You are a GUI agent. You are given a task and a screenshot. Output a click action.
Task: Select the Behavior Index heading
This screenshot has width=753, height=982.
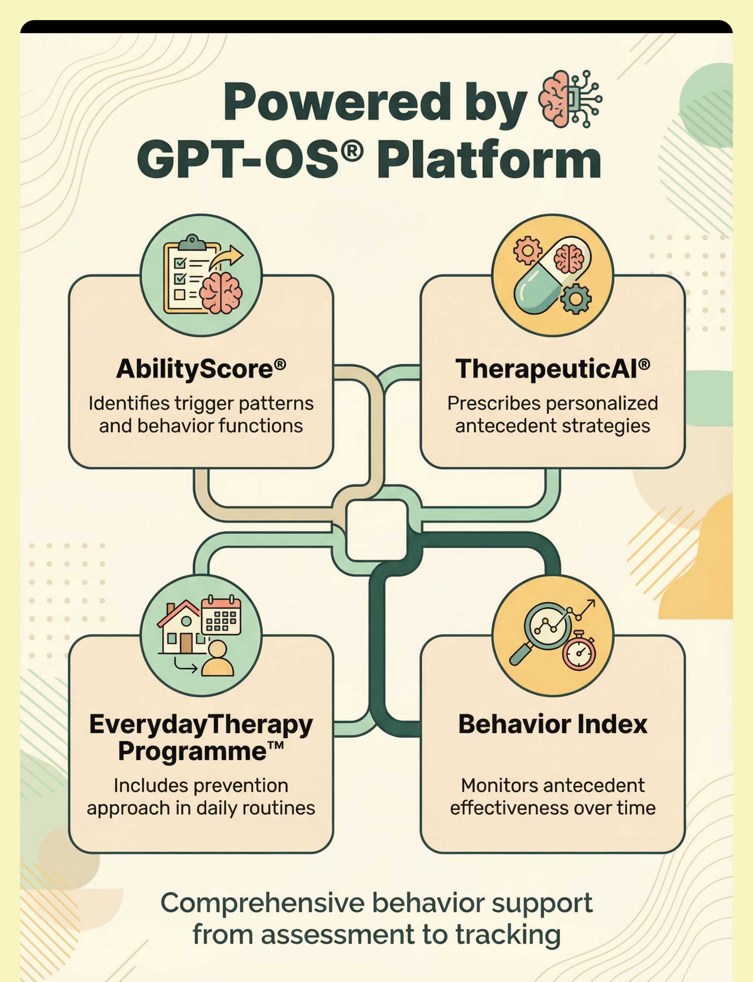553,724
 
